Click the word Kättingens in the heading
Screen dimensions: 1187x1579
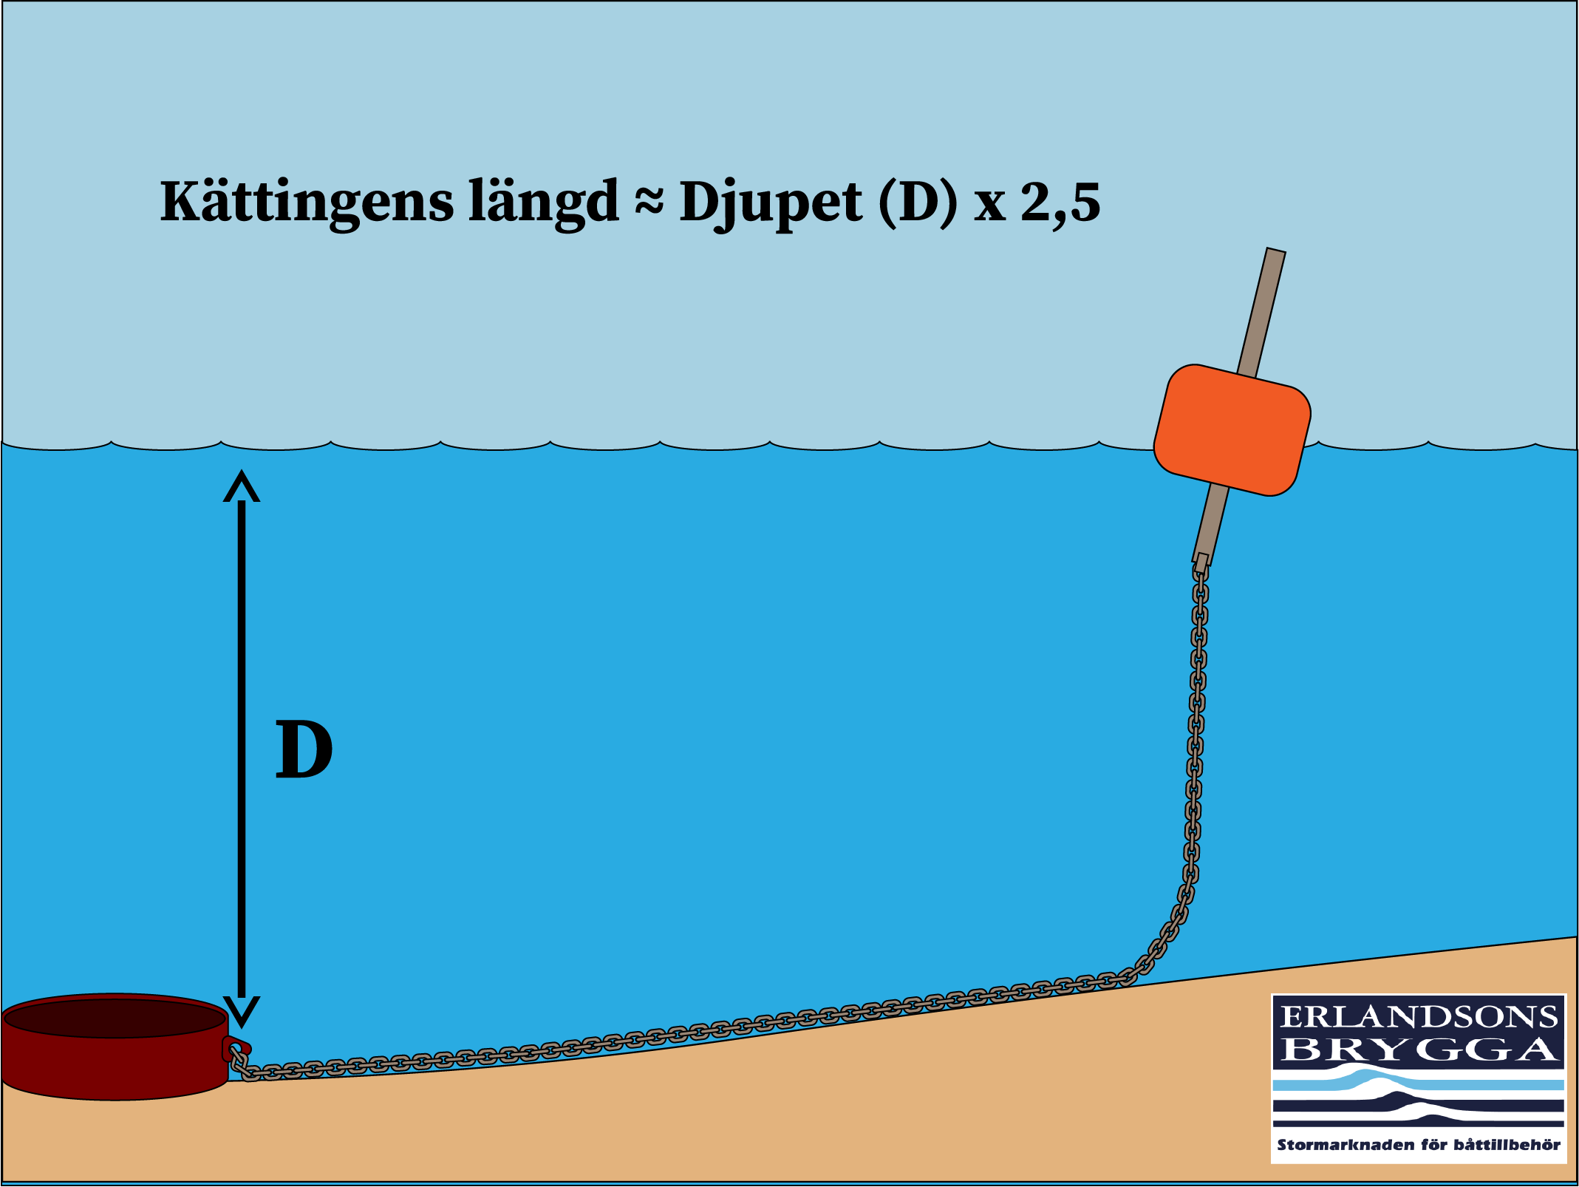pyautogui.click(x=306, y=202)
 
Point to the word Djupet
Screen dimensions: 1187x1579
pyautogui.click(x=770, y=202)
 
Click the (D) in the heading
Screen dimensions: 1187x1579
pyautogui.click(x=918, y=202)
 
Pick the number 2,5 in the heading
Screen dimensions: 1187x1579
pyautogui.click(x=1060, y=202)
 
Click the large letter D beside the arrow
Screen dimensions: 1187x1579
pyautogui.click(x=304, y=750)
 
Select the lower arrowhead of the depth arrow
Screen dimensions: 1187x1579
pyautogui.click(x=242, y=1012)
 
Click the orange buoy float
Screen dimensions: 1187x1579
pyautogui.click(x=1232, y=429)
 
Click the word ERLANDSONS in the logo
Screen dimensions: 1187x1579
pyautogui.click(x=1419, y=1017)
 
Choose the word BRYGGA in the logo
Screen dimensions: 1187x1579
pyautogui.click(x=1419, y=1050)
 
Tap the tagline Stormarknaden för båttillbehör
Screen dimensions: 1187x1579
pyautogui.click(x=1419, y=1145)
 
